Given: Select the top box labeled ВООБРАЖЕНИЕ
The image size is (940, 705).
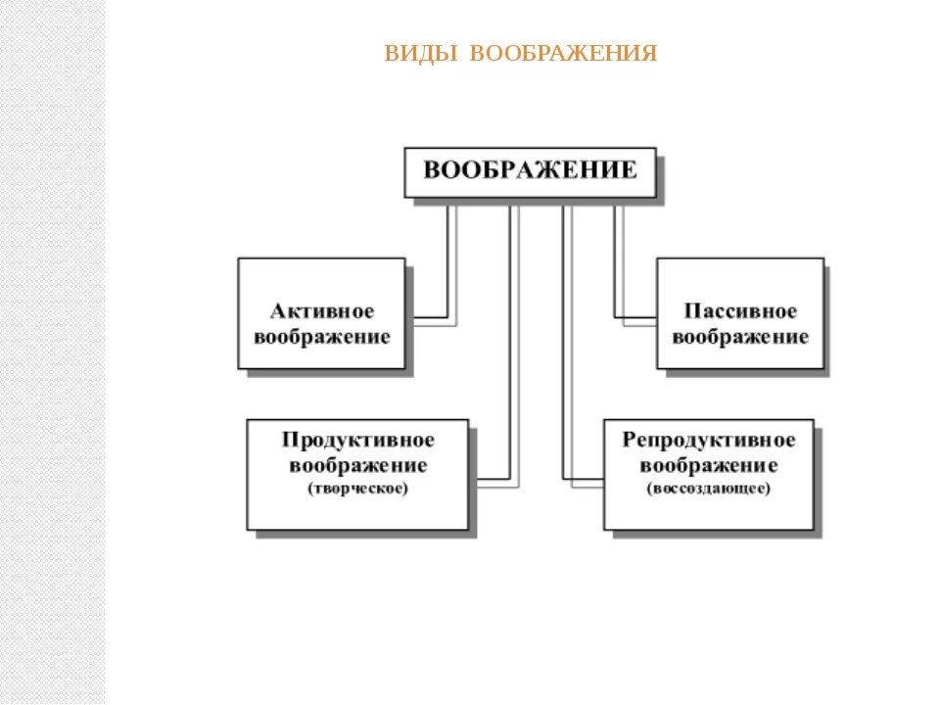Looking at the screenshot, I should point(530,171).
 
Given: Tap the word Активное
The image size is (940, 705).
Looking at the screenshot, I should point(321,312).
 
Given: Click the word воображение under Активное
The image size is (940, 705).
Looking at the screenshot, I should point(321,337).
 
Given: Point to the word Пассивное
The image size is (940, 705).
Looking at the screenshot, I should point(740,312).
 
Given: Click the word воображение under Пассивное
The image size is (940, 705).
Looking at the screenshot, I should point(740,337).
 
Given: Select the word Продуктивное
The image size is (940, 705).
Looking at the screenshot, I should point(357,440).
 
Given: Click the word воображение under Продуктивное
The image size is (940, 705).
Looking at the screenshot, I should point(357,464).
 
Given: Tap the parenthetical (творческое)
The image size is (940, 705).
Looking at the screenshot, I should point(357,488).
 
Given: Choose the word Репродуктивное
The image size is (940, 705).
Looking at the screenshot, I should point(709,440).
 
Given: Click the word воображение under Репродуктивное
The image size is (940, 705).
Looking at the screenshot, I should point(709,464).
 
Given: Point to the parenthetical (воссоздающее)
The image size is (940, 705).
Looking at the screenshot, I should point(709,488).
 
